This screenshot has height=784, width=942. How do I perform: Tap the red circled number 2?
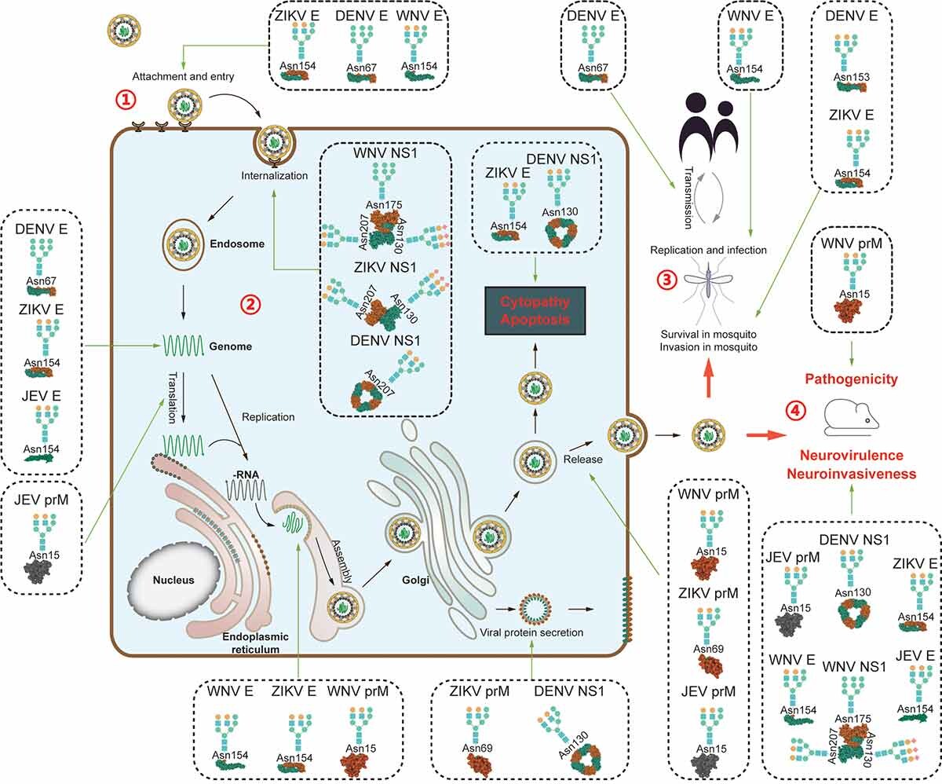tap(250, 304)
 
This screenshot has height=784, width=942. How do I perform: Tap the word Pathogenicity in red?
tap(852, 379)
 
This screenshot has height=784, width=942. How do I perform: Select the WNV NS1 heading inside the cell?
tap(385, 146)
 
